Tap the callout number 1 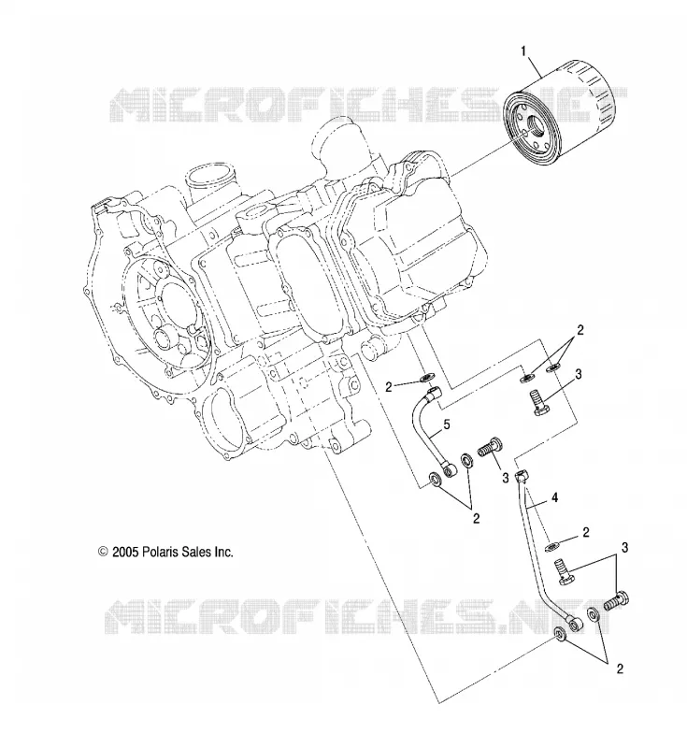[x=523, y=50]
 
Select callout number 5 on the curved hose [x=446, y=424]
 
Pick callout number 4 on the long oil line [x=554, y=497]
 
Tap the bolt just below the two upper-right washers [x=539, y=402]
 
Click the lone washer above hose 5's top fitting [x=425, y=379]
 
